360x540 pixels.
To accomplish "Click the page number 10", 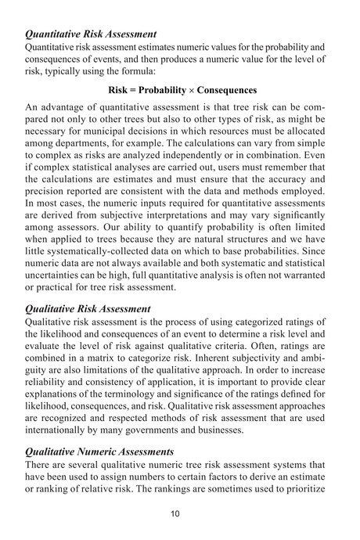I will point(180,513).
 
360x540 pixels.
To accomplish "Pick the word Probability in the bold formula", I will point(164,90).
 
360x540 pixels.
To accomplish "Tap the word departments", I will point(85,146).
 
